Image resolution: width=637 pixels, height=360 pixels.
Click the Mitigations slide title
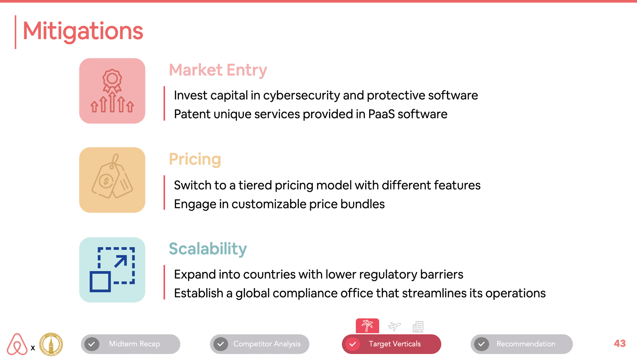[83, 31]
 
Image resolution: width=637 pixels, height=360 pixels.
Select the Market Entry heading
[218, 70]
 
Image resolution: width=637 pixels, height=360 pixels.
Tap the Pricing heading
[195, 159]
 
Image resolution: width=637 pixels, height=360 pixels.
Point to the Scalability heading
[208, 249]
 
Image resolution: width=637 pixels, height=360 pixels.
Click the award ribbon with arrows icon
[112, 91]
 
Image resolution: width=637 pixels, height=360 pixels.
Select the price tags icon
[112, 176]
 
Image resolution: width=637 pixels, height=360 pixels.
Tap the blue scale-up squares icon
[112, 270]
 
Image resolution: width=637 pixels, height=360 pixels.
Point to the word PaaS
[381, 114]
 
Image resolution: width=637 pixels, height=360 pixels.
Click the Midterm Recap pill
[131, 344]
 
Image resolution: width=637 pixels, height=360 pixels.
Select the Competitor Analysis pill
[260, 344]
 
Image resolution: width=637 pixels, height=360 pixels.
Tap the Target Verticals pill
[391, 344]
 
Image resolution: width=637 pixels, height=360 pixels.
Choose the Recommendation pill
[522, 344]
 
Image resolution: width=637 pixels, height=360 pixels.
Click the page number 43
[620, 344]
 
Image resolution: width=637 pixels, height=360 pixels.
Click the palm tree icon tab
[367, 326]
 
